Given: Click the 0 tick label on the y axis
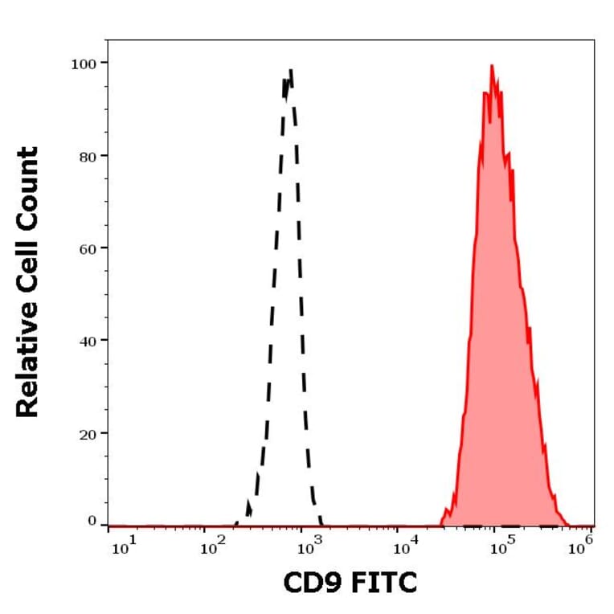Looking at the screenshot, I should pos(92,522).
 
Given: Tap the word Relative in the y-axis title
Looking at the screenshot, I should pos(27,362).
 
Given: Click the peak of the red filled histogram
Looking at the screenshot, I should pos(491,66).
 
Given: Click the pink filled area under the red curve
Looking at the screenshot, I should pos(498,321).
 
